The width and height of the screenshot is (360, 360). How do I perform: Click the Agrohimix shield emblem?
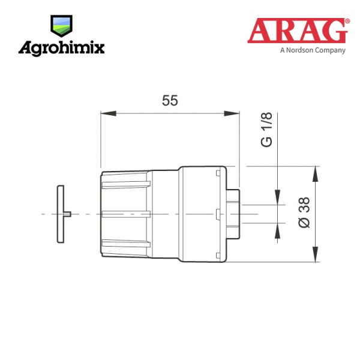(61, 26)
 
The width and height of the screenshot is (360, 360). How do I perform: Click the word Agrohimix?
(62, 48)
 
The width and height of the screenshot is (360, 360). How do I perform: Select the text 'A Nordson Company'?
(313, 50)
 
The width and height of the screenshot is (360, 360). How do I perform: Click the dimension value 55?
(170, 101)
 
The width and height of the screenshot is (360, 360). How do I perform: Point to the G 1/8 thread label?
(267, 130)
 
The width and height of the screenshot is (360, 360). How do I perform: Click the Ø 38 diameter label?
(304, 212)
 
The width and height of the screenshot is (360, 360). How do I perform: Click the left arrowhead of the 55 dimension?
(109, 113)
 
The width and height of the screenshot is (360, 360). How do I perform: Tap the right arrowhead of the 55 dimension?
(232, 113)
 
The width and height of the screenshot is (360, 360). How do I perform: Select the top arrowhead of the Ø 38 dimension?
(316, 174)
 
